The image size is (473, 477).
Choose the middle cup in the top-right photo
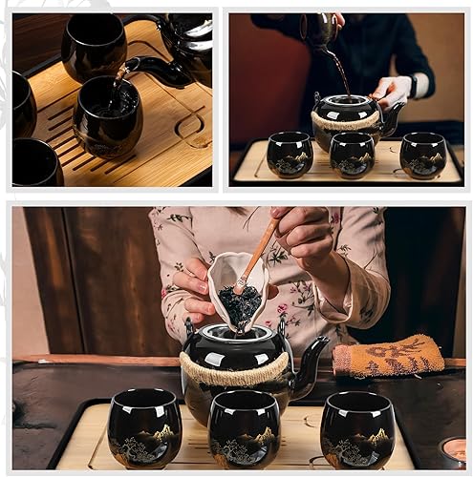point(352,155)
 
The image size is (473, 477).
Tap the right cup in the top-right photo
point(422,155)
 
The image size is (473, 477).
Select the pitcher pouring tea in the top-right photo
point(317,31)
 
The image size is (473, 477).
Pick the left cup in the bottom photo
point(144,427)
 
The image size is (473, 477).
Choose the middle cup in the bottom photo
point(245,429)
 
